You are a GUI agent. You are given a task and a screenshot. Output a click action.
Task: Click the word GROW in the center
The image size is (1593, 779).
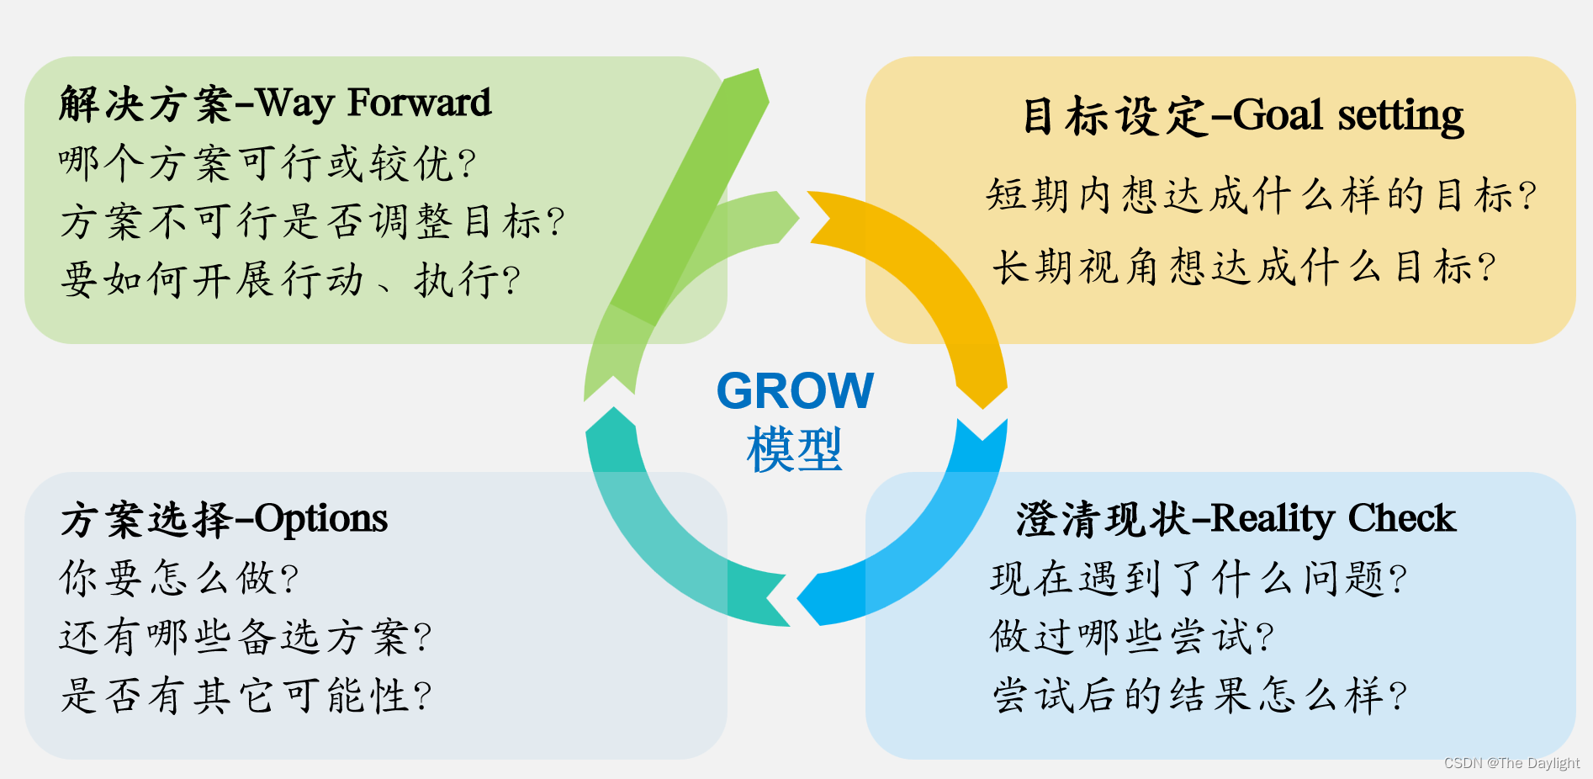(795, 391)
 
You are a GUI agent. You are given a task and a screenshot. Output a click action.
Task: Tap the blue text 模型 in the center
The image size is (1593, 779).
(794, 449)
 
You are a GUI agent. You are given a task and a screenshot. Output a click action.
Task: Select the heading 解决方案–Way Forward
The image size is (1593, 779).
(275, 103)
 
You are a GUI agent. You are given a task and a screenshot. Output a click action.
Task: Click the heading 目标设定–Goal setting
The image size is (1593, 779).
(1242, 115)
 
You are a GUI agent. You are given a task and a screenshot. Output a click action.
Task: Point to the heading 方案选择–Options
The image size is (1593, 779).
(224, 519)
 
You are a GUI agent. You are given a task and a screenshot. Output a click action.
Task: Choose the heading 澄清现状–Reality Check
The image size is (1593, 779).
(1236, 519)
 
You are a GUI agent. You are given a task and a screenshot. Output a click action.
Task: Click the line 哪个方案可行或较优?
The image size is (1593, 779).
(267, 163)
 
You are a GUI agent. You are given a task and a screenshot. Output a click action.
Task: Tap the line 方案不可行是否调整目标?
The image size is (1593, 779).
(312, 222)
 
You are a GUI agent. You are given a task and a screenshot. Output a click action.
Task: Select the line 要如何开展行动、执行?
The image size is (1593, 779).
(290, 280)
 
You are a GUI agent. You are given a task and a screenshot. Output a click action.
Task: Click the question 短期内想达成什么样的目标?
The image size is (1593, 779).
(1261, 196)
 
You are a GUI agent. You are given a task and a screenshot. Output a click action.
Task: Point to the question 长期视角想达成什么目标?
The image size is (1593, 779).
(1244, 268)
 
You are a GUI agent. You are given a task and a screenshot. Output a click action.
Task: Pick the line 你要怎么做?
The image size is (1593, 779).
(179, 579)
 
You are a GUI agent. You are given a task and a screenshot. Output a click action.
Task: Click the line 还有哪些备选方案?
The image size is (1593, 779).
(245, 637)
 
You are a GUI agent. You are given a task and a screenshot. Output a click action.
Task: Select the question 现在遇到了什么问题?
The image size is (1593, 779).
(1199, 579)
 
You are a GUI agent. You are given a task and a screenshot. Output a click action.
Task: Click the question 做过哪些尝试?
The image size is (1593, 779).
(1132, 637)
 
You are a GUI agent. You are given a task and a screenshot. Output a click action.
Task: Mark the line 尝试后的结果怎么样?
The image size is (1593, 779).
(1199, 696)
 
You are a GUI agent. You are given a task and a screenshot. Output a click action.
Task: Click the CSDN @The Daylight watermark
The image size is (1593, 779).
(1511, 763)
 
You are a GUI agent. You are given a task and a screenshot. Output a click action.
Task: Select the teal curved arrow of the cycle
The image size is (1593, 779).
(664, 547)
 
